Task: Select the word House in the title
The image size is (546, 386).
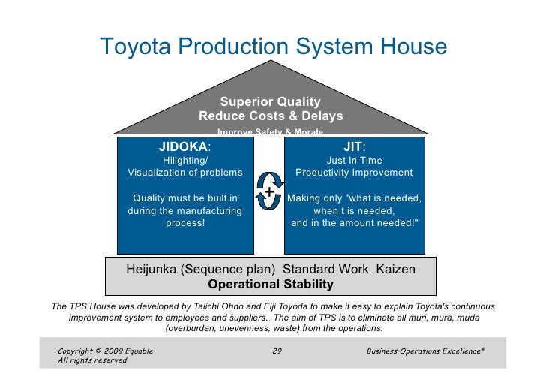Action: [x=412, y=47]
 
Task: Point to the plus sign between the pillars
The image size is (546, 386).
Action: [x=269, y=192]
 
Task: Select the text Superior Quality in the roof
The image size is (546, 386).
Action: [x=270, y=101]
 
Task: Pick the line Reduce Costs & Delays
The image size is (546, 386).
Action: [x=271, y=116]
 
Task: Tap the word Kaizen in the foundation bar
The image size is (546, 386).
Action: [x=391, y=269]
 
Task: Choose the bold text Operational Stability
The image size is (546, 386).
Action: [x=271, y=284]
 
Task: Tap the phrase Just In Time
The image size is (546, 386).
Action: [x=354, y=161]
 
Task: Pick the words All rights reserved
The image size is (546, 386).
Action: [x=92, y=360]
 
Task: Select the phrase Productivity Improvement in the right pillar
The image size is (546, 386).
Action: [x=354, y=173]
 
